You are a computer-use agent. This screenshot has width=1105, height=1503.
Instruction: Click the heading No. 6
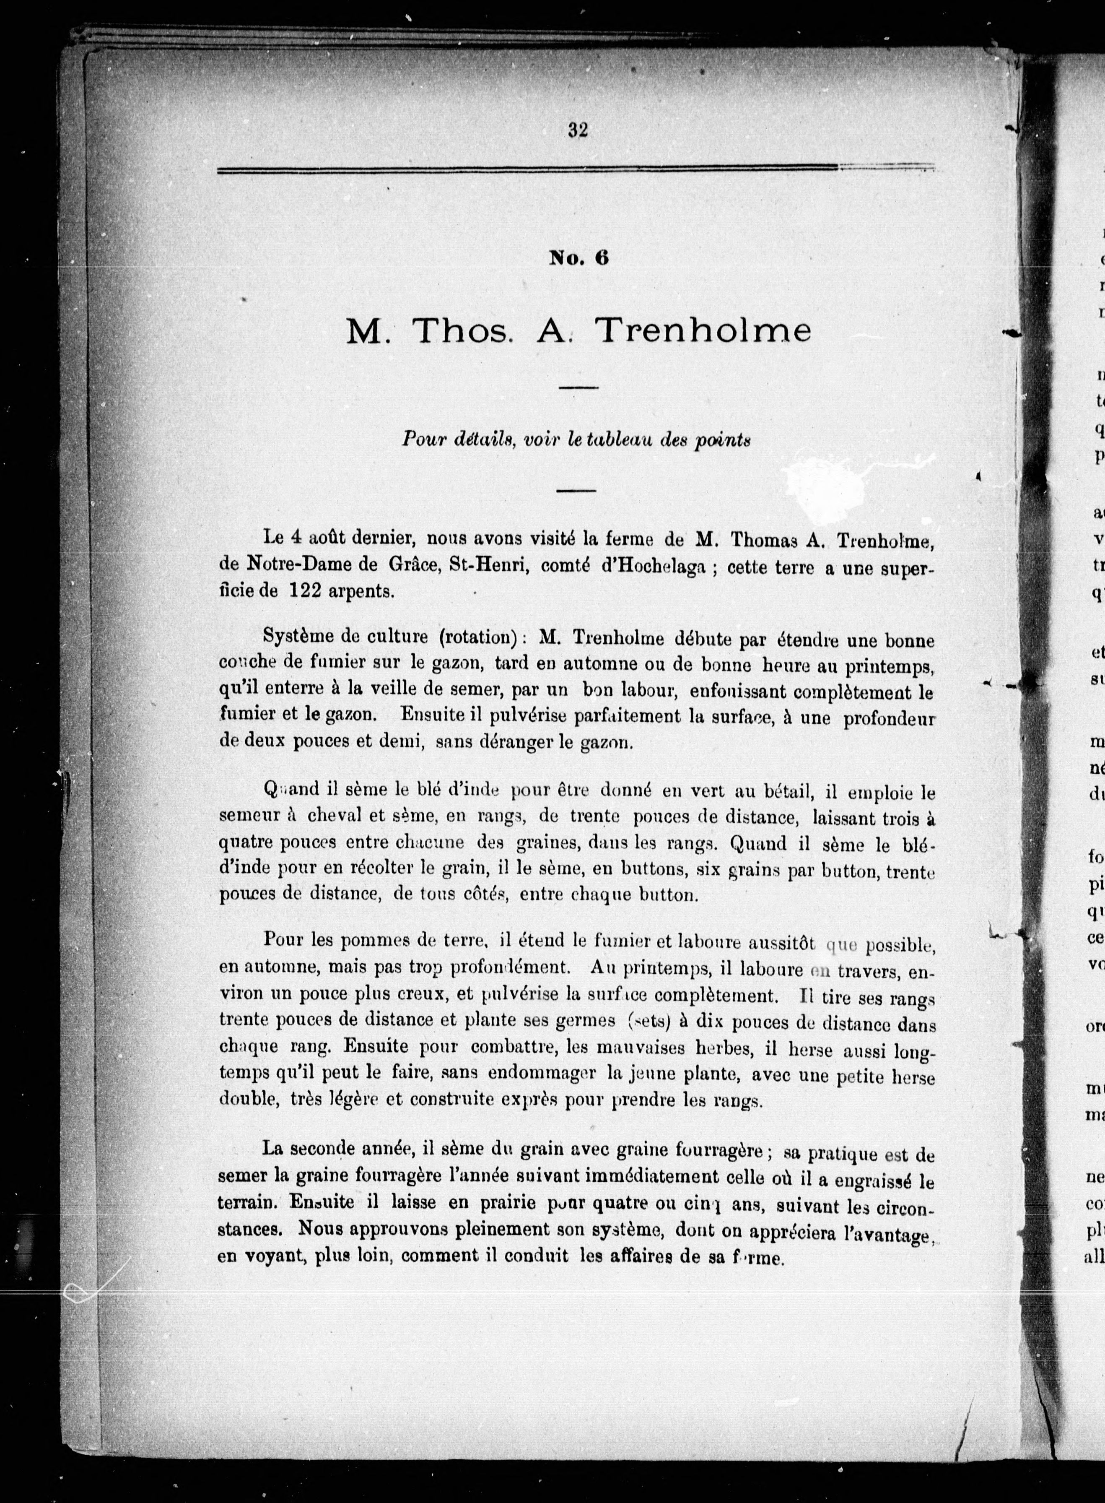tap(578, 258)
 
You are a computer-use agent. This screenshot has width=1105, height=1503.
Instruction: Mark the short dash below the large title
tap(577, 387)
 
